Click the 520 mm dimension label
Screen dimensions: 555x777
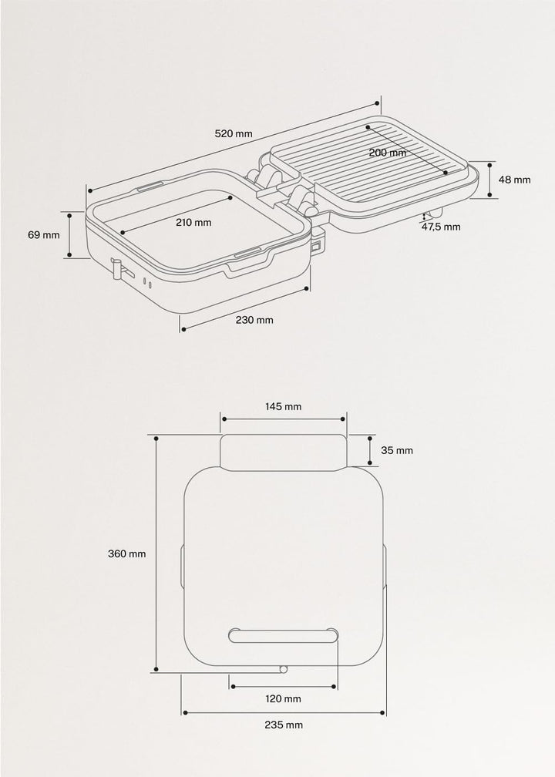pos(233,133)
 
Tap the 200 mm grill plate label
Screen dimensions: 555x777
pos(388,153)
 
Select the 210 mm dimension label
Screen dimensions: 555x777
pos(193,223)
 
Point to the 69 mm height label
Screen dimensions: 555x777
pos(44,235)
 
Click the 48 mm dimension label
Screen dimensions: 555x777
pos(514,180)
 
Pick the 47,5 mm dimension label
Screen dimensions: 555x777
pos(441,227)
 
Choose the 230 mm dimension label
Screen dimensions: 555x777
pos(254,320)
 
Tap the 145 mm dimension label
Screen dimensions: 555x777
pos(283,407)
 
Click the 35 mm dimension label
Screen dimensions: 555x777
pos(397,450)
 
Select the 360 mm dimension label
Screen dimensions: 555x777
pos(127,554)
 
